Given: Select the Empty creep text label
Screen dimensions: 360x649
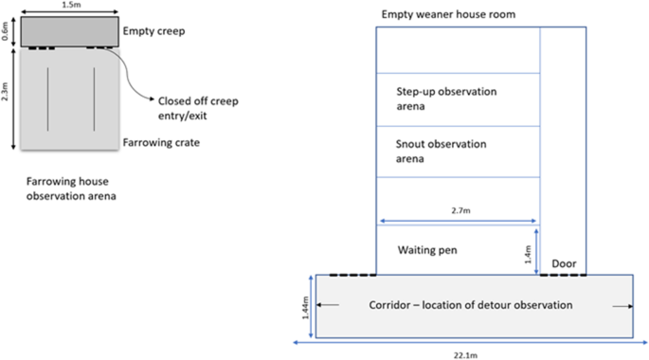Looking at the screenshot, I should coord(153,31).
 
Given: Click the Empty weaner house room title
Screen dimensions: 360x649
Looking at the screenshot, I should coord(442,14).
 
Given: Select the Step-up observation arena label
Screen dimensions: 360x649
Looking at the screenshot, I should coord(447,99).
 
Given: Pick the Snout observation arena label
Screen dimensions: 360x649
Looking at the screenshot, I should coord(442,151).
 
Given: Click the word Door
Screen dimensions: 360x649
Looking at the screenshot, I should coord(564,264).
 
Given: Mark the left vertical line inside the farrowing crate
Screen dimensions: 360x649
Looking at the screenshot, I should coord(48,98).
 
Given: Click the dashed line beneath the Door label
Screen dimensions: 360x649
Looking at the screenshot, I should coord(563,275).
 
